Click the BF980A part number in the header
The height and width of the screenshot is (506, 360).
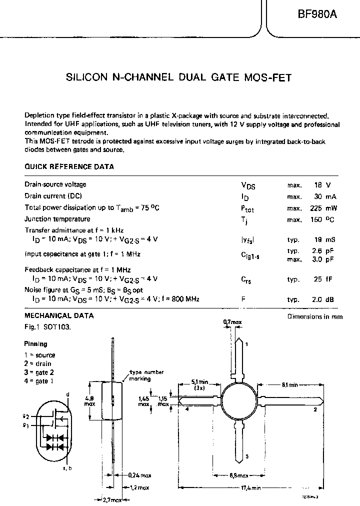coord(317,15)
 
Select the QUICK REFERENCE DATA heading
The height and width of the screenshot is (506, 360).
coord(69,166)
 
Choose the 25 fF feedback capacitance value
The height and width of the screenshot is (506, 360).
coord(324,279)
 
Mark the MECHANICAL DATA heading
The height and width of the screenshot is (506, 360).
coord(59,316)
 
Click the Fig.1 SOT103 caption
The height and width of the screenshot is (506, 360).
coord(47,326)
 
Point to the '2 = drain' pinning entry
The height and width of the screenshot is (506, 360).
coord(38,363)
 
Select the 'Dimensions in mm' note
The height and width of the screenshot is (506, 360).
coord(315,316)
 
